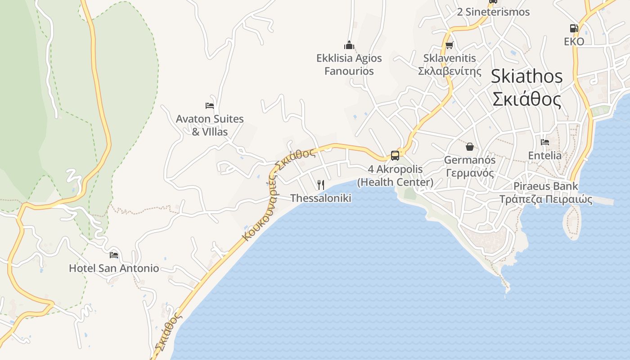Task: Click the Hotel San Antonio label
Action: [x=114, y=268]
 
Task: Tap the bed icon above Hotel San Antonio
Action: [x=114, y=255]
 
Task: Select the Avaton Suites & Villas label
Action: [x=210, y=125]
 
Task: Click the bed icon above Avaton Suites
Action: [x=210, y=106]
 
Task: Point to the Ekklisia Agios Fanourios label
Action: [x=349, y=64]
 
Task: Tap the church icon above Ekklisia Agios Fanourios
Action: [x=349, y=45]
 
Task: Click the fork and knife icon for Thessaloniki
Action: [x=321, y=184]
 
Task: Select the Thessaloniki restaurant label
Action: [x=321, y=198]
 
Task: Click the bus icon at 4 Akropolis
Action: [x=395, y=156]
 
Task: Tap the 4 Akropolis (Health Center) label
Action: [x=395, y=175]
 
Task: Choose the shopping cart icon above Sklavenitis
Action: [x=449, y=45]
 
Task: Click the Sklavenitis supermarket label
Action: [x=450, y=64]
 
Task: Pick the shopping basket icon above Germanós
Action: [x=470, y=147]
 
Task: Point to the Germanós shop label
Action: [x=470, y=166]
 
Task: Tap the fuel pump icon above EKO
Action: [x=574, y=28]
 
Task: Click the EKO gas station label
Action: [x=574, y=42]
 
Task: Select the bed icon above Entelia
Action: [x=545, y=142]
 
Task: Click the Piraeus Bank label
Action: [x=546, y=193]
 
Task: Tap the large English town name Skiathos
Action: [x=526, y=76]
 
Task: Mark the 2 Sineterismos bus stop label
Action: [x=493, y=12]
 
